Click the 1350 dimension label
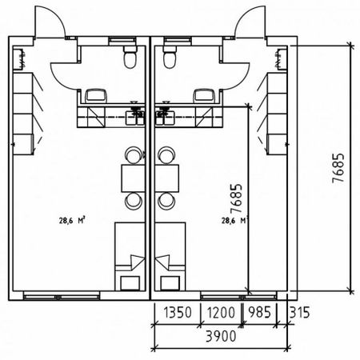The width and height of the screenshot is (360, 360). click(x=178, y=312)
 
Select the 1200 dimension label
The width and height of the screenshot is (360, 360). click(x=221, y=312)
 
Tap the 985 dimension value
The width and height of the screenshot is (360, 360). click(x=259, y=312)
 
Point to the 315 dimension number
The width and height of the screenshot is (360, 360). click(x=300, y=312)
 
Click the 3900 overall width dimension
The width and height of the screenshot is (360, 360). click(x=221, y=336)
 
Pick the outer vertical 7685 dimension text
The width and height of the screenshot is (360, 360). click(x=338, y=168)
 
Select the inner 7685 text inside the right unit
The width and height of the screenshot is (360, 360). click(x=236, y=198)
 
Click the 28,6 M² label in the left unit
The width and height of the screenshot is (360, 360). click(x=72, y=221)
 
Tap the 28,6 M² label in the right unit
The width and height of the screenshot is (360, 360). click(x=234, y=221)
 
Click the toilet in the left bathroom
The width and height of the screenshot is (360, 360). click(x=130, y=57)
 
